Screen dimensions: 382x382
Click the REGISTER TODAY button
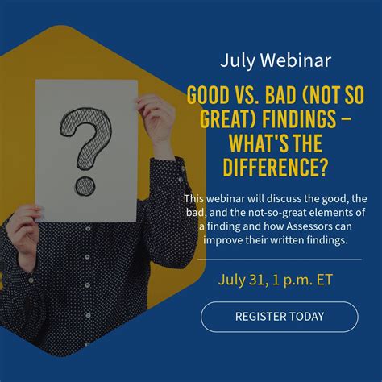click(x=279, y=317)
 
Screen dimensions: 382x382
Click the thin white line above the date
click(x=279, y=260)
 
